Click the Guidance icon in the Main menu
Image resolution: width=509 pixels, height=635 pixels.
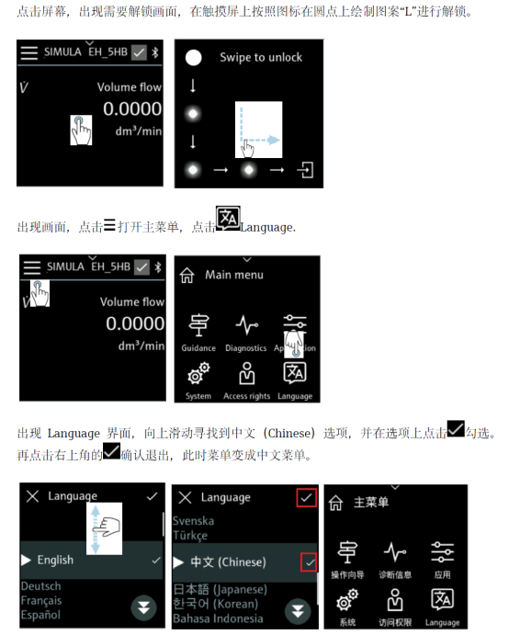click(x=198, y=325)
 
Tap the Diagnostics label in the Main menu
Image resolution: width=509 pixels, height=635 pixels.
click(x=246, y=348)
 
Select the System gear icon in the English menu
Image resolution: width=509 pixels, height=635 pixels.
click(x=198, y=373)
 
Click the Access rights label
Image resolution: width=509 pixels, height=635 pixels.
click(x=246, y=396)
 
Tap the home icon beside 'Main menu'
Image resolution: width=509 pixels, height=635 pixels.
click(x=187, y=276)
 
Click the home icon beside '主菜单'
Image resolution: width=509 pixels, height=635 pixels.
click(x=335, y=503)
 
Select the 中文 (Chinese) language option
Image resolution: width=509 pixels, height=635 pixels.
click(x=229, y=562)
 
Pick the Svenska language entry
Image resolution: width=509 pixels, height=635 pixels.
click(x=193, y=521)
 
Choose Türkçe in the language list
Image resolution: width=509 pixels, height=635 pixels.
click(x=190, y=536)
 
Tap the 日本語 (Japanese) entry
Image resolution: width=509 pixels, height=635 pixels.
click(x=221, y=589)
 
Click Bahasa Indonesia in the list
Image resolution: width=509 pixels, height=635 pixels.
click(x=218, y=618)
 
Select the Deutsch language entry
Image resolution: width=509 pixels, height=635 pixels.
click(x=41, y=586)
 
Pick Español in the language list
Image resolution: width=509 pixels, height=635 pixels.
click(x=40, y=615)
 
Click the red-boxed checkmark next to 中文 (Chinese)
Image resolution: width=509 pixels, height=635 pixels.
click(x=309, y=562)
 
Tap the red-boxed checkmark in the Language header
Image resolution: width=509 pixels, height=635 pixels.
click(x=306, y=497)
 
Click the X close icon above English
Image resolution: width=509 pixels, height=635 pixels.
click(x=33, y=496)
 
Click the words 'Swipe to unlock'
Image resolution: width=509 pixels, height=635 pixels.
click(x=261, y=58)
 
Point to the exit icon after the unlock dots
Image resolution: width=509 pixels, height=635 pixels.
click(x=305, y=170)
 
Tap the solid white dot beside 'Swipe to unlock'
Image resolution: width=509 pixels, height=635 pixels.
click(x=193, y=58)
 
